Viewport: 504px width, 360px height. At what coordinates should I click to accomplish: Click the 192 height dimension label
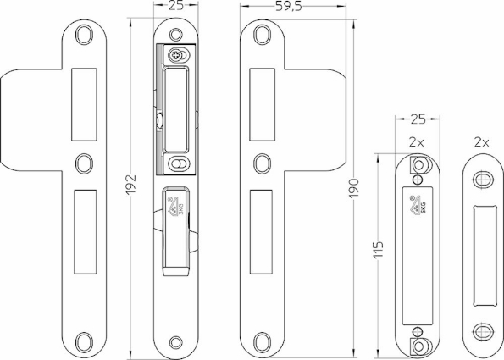(130, 185)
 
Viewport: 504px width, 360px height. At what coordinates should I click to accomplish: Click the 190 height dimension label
(353, 188)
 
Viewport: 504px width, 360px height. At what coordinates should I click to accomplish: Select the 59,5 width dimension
(289, 7)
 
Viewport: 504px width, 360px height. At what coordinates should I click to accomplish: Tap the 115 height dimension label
(379, 249)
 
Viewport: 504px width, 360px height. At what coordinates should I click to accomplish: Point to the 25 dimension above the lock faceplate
(176, 5)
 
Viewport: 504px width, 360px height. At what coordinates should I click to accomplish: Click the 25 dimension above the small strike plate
(418, 119)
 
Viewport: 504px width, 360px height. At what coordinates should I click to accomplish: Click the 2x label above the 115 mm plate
(417, 142)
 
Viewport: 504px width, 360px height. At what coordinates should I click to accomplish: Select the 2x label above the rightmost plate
(482, 142)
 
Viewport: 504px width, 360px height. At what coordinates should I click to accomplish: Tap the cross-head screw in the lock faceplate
(175, 55)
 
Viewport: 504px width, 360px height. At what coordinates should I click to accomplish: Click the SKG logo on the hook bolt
(175, 207)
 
